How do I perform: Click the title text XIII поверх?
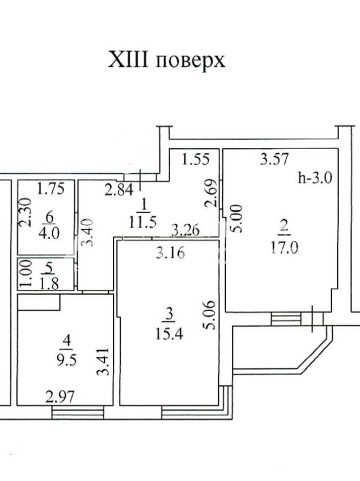[x=166, y=61]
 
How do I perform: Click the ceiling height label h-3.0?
[x=315, y=178]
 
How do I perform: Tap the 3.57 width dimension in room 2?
[x=274, y=159]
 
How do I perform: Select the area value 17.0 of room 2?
[x=284, y=248]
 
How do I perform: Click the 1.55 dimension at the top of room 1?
[x=196, y=159]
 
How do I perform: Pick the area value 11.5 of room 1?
[x=143, y=222]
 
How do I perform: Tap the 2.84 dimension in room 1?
[x=119, y=190]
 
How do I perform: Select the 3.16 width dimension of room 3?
[x=170, y=253]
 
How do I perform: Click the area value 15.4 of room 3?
[x=169, y=334]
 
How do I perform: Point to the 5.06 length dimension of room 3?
[x=210, y=315]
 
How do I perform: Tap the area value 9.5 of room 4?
[x=66, y=360]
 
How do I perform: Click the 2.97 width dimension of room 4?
[x=60, y=397]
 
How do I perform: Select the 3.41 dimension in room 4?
[x=103, y=361]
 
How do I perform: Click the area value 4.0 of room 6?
[x=49, y=233]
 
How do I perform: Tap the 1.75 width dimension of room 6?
[x=50, y=189]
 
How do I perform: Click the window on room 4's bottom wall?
[x=78, y=412]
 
